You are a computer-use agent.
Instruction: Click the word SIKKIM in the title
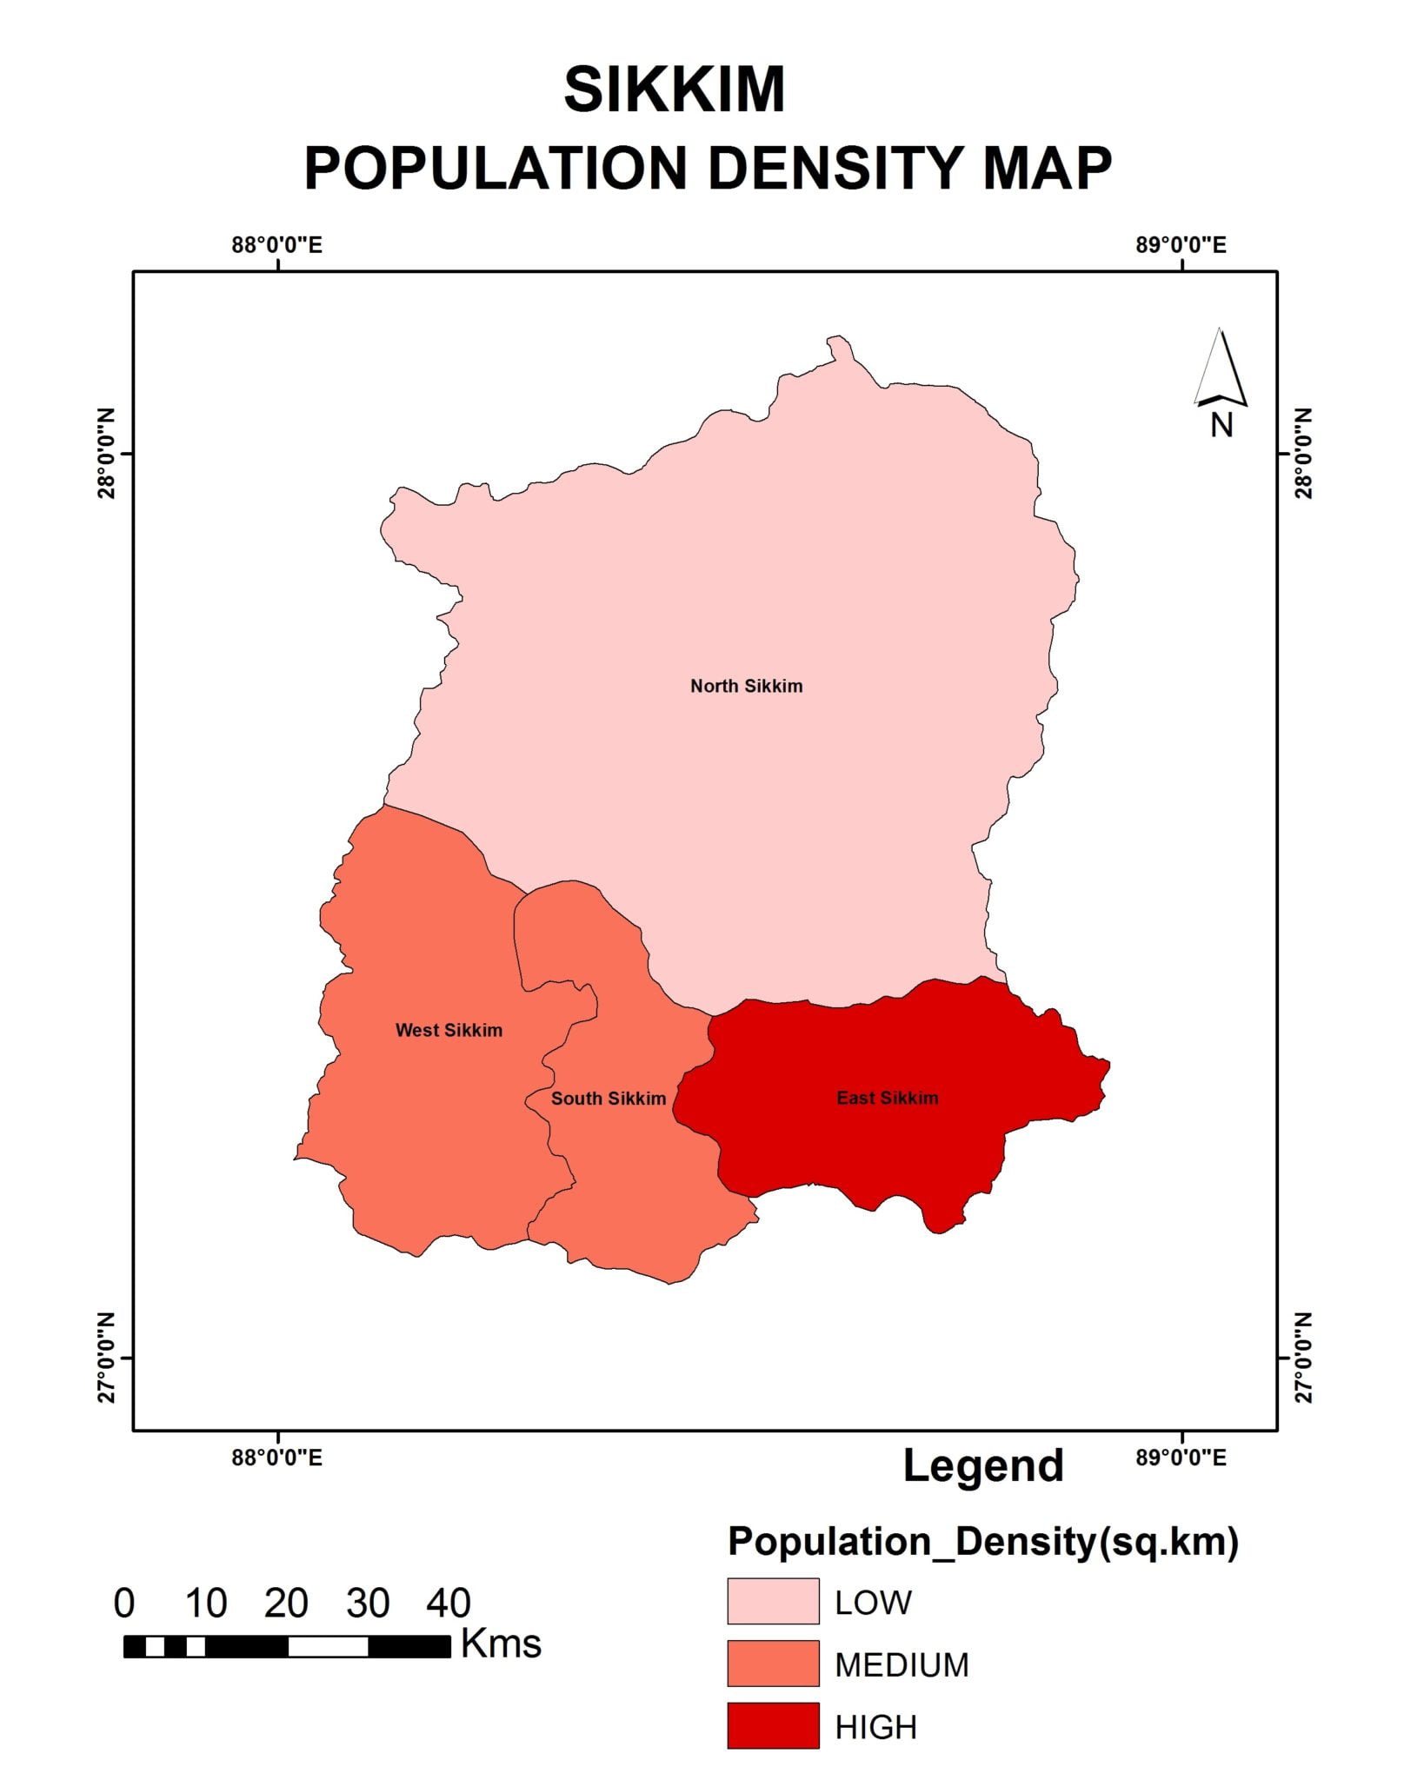[x=675, y=90]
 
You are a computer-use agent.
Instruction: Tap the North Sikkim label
[x=746, y=686]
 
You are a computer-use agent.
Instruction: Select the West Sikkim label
[x=449, y=1030]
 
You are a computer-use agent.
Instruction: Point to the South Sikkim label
[x=609, y=1099]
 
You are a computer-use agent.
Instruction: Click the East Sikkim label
[x=887, y=1098]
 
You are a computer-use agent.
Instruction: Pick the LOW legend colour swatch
[x=773, y=1601]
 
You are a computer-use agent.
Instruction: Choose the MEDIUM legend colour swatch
[x=773, y=1664]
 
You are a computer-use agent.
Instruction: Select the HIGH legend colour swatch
[x=773, y=1726]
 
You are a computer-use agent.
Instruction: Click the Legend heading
[x=983, y=1465]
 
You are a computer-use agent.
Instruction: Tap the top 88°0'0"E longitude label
[x=276, y=245]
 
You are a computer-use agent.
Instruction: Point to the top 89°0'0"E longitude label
[x=1181, y=245]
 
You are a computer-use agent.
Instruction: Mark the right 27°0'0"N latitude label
[x=1304, y=1358]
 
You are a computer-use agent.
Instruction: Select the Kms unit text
[x=501, y=1644]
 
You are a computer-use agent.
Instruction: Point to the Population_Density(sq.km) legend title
[x=982, y=1541]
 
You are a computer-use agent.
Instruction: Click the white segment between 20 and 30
[x=328, y=1646]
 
